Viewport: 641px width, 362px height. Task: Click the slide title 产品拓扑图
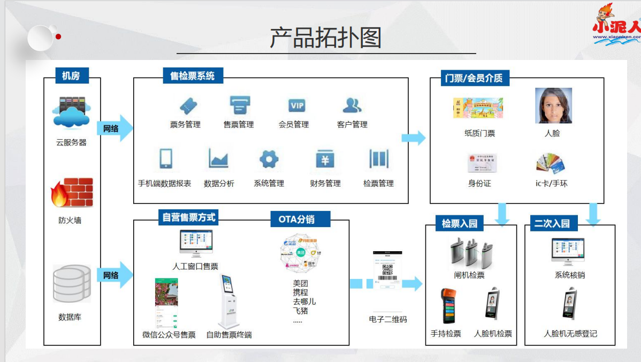pos(325,37)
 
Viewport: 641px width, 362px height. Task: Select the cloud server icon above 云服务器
pos(71,112)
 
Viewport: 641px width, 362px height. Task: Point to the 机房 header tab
pos(71,76)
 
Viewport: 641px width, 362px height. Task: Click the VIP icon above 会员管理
pos(296,105)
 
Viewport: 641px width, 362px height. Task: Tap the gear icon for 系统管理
pos(269,159)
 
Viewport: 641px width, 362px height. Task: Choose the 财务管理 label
pos(325,183)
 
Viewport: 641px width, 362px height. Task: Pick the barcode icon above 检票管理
pos(378,159)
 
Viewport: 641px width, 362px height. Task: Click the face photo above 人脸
pos(553,105)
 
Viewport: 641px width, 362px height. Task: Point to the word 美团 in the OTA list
pos(300,283)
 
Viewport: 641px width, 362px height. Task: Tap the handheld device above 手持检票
pos(448,306)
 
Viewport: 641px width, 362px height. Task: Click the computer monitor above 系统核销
pos(569,252)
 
